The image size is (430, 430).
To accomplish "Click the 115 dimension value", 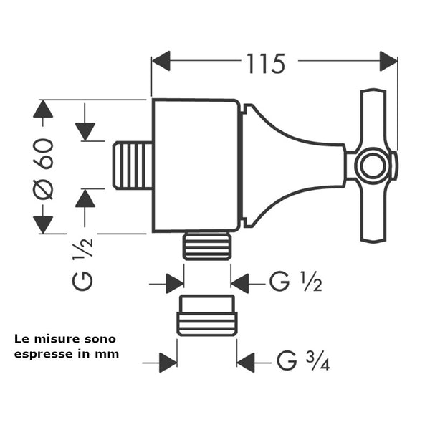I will [x=266, y=64].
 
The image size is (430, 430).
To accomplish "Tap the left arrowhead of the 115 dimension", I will [x=161, y=60].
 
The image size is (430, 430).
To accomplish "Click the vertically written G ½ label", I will [x=84, y=265].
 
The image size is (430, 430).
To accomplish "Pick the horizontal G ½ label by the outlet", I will [x=295, y=283].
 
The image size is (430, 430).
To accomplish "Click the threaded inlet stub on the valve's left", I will [x=133, y=166].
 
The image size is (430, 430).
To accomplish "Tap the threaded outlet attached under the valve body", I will [x=207, y=246].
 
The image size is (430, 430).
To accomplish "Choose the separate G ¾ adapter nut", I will [x=207, y=316].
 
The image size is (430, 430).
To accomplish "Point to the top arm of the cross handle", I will [x=373, y=119].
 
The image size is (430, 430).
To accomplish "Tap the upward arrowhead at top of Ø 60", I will [x=44, y=110].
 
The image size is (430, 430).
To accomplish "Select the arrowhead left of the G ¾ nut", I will [x=168, y=362].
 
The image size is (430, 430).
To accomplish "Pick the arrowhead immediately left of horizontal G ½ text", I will [x=239, y=283].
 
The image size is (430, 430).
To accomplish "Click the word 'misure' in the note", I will [x=56, y=338].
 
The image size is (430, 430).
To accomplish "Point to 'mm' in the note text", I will [x=110, y=353].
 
